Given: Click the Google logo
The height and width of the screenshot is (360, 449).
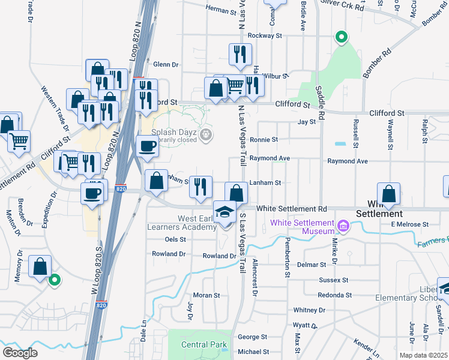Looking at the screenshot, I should (20, 353).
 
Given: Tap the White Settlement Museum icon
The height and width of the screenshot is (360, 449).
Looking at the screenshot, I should (343, 226).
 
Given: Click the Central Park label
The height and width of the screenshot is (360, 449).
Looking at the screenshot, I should (205, 344).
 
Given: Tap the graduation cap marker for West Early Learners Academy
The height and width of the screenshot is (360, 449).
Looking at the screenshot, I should (224, 214).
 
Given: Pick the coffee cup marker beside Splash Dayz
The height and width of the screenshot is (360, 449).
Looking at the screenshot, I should (148, 145).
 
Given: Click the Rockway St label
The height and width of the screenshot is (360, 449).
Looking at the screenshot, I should (265, 36).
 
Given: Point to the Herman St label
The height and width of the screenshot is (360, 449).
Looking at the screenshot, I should (221, 10).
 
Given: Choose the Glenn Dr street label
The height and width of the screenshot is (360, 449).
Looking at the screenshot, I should (166, 64).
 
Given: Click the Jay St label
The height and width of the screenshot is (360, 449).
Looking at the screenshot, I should (306, 122).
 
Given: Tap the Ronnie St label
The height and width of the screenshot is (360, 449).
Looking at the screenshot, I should (267, 139).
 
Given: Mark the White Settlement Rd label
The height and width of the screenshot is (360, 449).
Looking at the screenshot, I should (291, 209).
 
